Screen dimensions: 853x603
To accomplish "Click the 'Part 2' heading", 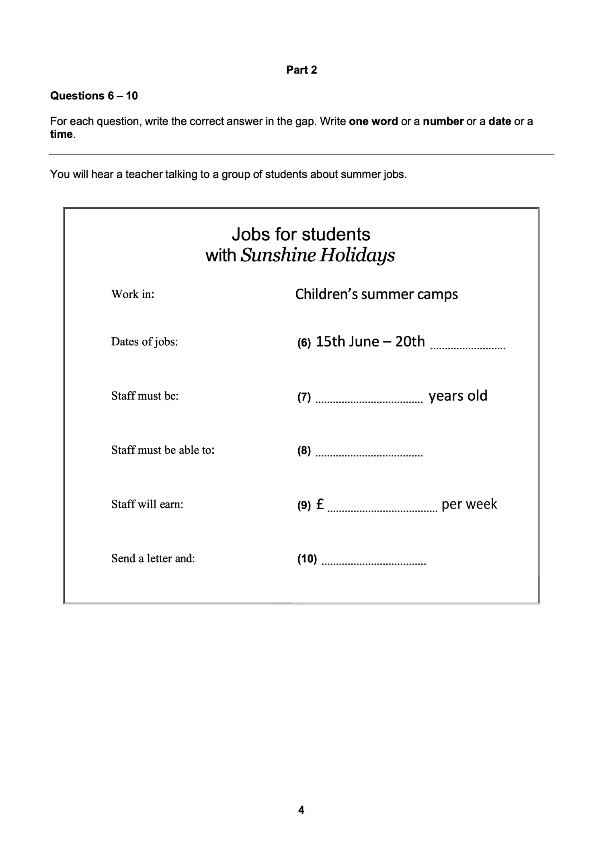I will click(301, 70).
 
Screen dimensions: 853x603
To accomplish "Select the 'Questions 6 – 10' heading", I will click(94, 96).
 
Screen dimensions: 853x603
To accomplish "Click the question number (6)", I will click(304, 343).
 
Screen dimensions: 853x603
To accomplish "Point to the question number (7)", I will click(304, 397).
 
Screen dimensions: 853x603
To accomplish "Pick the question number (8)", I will click(304, 451).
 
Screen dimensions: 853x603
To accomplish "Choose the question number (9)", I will click(304, 505).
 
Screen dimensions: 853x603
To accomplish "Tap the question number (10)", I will click(307, 559).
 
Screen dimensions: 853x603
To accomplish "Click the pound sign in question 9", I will click(320, 504).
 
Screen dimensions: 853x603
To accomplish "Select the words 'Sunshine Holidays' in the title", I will click(318, 255).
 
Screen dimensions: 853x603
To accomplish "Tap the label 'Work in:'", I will click(133, 294).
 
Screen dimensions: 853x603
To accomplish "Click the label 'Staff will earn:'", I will click(147, 504).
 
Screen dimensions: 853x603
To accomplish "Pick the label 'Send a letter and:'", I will click(153, 558).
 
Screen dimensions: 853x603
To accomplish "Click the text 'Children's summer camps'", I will click(376, 294).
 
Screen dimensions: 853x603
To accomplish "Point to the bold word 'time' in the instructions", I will click(62, 134).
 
